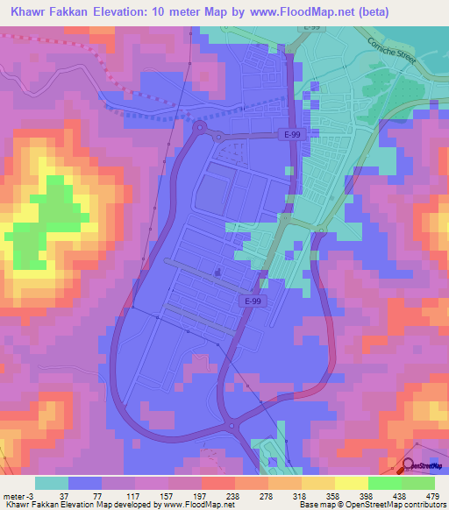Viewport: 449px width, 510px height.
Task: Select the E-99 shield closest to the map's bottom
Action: [x=251, y=301]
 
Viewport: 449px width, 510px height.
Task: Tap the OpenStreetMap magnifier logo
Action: [x=409, y=469]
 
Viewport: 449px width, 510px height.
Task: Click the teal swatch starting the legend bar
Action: [x=51, y=483]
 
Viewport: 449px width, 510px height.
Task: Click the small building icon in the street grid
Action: [x=217, y=271]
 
